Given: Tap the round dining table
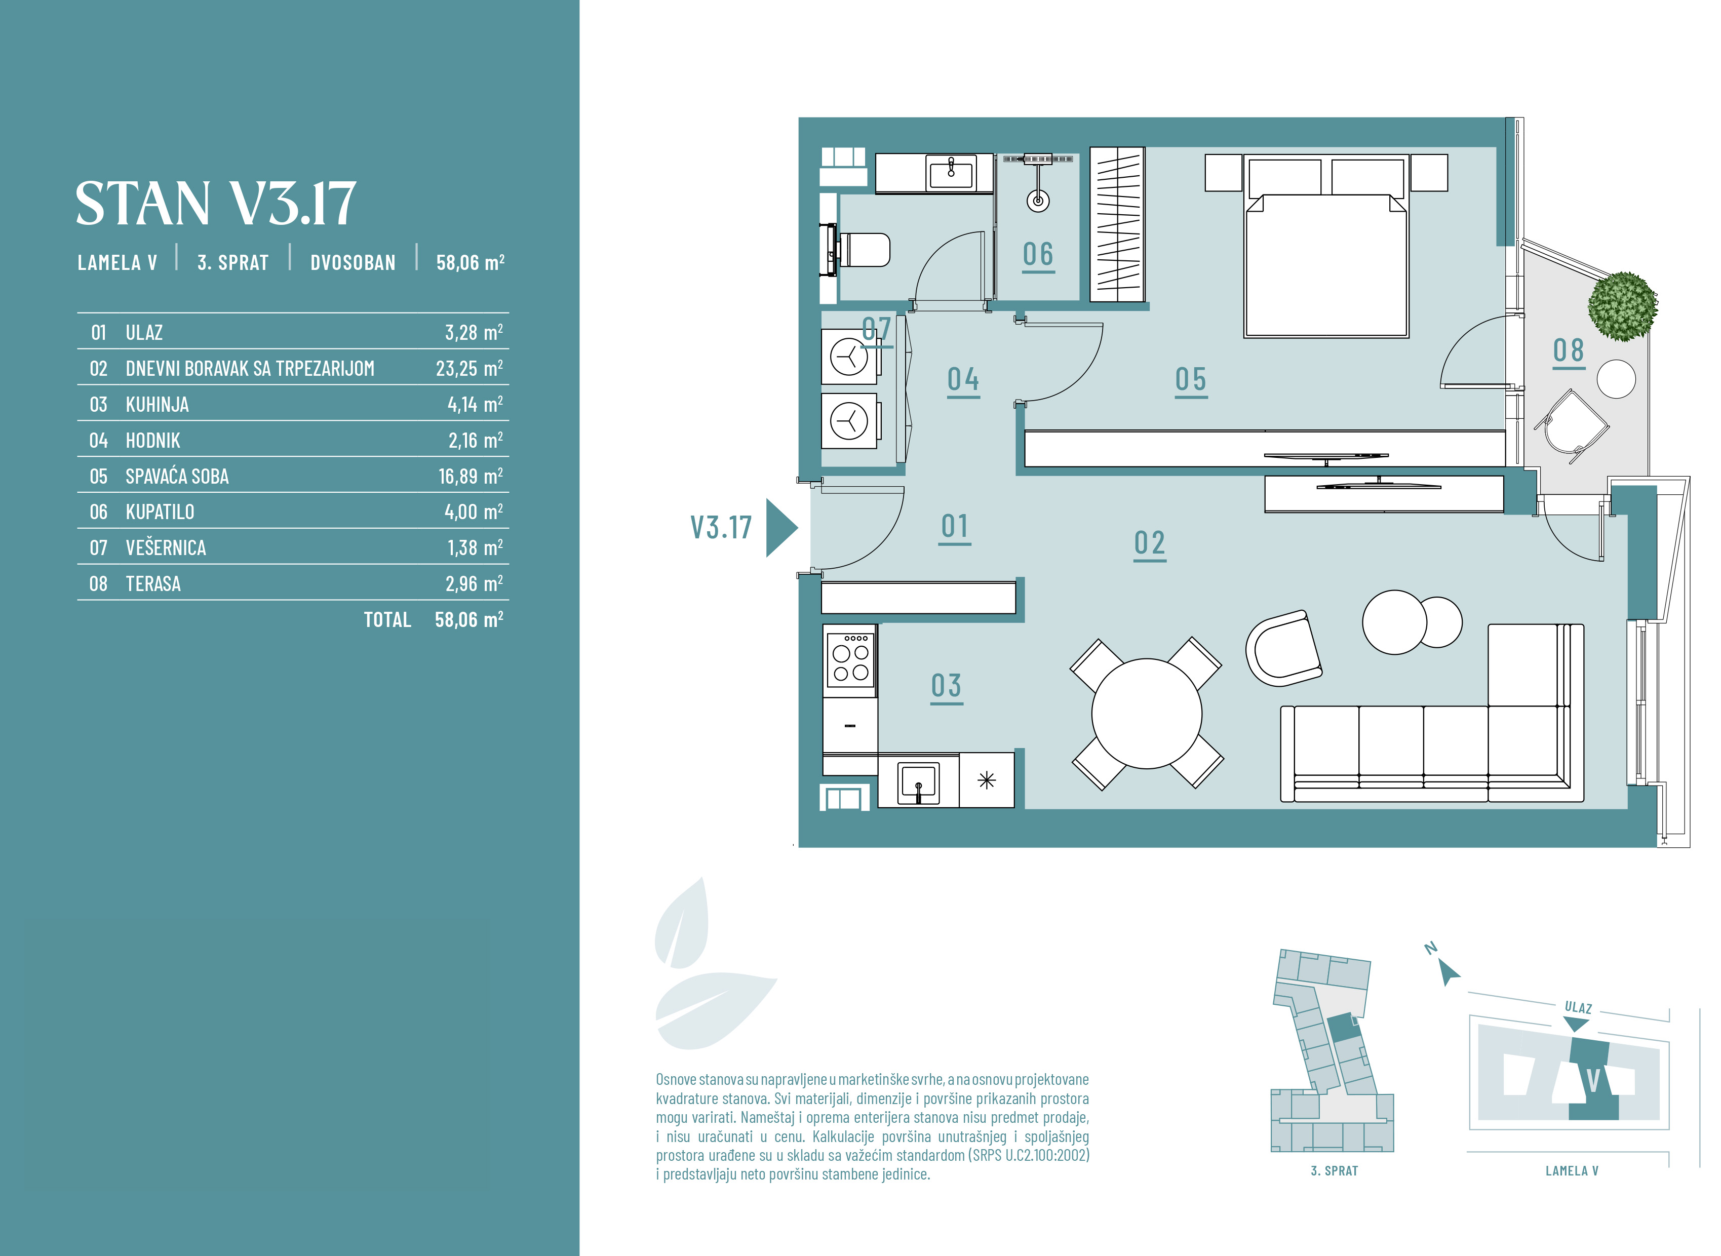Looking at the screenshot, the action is pyautogui.click(x=1146, y=713).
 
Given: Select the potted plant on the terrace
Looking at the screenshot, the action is pyautogui.click(x=1622, y=305).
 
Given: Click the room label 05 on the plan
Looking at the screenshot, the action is pyautogui.click(x=1190, y=379).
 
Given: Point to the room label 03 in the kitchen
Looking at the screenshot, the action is pyautogui.click(x=947, y=686).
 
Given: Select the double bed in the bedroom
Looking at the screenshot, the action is pyautogui.click(x=1326, y=247).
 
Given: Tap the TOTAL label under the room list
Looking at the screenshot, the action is pyautogui.click(x=387, y=619).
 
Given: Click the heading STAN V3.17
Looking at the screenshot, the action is pyautogui.click(x=215, y=203).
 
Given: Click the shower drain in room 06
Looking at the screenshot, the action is pyautogui.click(x=1038, y=201).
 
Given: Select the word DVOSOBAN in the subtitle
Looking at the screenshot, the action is pyautogui.click(x=353, y=263).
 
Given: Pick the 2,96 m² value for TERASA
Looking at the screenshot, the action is pyautogui.click(x=474, y=584).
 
